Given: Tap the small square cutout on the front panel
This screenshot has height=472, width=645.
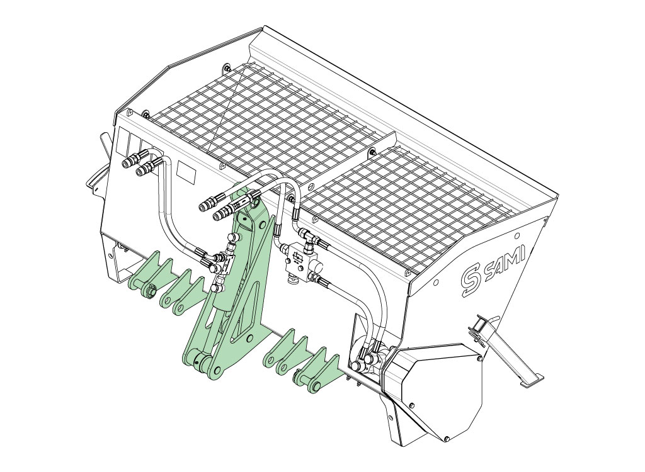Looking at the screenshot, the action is [186, 171].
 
